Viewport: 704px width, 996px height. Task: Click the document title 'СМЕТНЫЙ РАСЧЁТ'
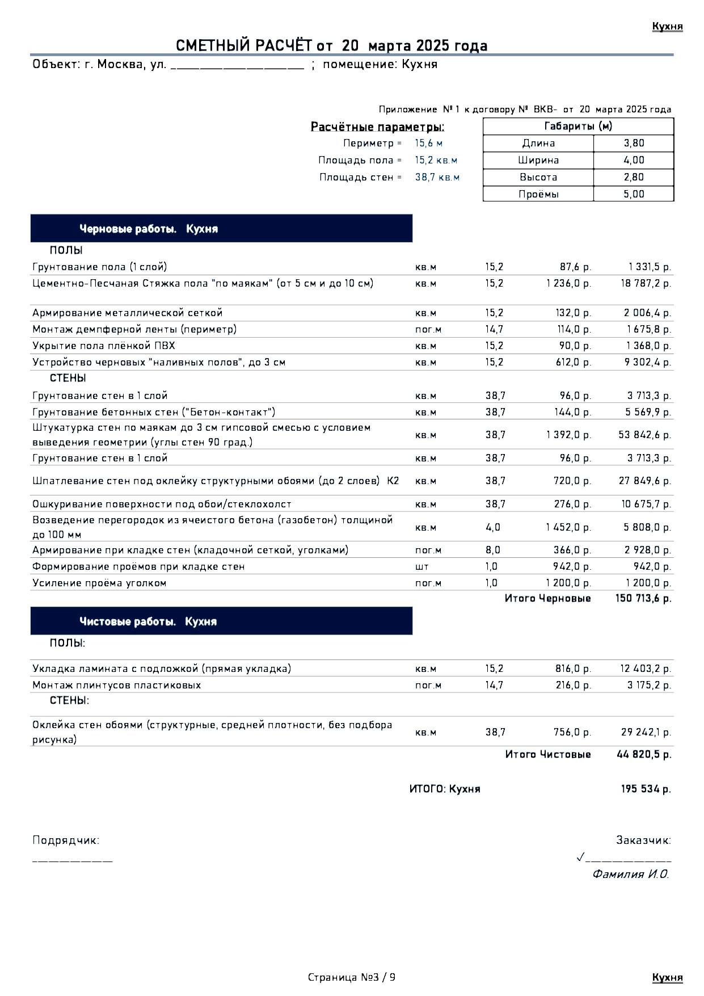coord(244,46)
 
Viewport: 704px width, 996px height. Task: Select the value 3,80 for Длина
coord(634,143)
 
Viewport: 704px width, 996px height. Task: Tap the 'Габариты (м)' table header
coord(578,126)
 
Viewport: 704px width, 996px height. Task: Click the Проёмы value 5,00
coord(634,194)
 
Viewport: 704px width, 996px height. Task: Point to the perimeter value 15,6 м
coord(428,143)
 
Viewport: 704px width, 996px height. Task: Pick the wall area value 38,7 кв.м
coord(437,177)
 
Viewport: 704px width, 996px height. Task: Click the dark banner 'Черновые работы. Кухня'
coord(221,229)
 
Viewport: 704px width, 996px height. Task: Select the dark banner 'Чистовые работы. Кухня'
coord(221,621)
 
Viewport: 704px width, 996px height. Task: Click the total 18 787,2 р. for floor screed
coord(646,283)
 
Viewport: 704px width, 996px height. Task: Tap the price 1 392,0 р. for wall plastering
coord(568,435)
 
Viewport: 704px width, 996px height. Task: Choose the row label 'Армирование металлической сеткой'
coord(128,313)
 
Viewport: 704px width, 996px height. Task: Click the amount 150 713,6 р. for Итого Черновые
coord(643,598)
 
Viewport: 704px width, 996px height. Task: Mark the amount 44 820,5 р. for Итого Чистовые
coord(644,754)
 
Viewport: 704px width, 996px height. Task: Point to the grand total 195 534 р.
coord(646,789)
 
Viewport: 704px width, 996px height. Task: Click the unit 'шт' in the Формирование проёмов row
coord(421,566)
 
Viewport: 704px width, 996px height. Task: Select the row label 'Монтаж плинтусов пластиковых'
coord(117,685)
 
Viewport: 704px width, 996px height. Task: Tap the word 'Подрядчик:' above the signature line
coord(66,840)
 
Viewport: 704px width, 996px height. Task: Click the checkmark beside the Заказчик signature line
coord(580,856)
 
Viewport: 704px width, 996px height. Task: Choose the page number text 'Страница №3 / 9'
coord(352,977)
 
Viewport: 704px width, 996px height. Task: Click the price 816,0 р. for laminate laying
coord(573,669)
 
